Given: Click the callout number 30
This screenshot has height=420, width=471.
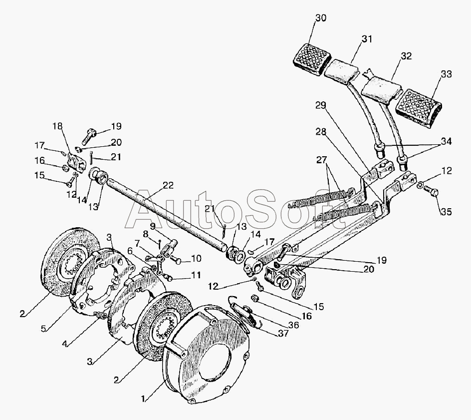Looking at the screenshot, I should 321,18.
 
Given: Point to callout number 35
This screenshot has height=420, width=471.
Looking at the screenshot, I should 446,212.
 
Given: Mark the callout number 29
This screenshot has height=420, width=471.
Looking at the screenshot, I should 320,105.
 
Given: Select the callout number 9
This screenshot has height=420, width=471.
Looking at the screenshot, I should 153,226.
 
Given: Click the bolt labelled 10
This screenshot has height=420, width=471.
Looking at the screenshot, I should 177,260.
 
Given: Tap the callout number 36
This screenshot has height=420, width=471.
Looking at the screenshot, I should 294,325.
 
